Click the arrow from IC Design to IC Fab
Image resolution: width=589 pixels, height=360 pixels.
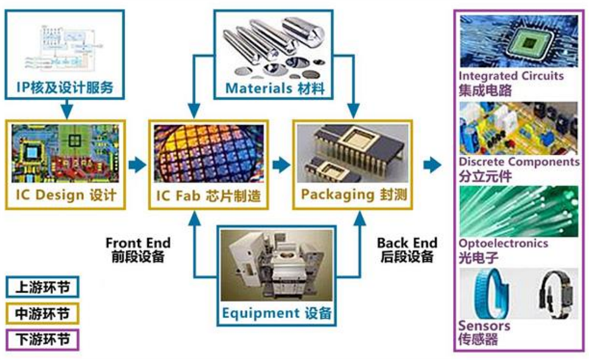coord(136,164)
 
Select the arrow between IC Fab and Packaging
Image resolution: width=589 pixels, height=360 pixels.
coord(281,164)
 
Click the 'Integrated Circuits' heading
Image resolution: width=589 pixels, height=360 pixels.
coord(511,76)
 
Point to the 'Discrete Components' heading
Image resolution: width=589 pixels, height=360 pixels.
coord(518,161)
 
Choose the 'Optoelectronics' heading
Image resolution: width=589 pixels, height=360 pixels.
coord(503,243)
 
